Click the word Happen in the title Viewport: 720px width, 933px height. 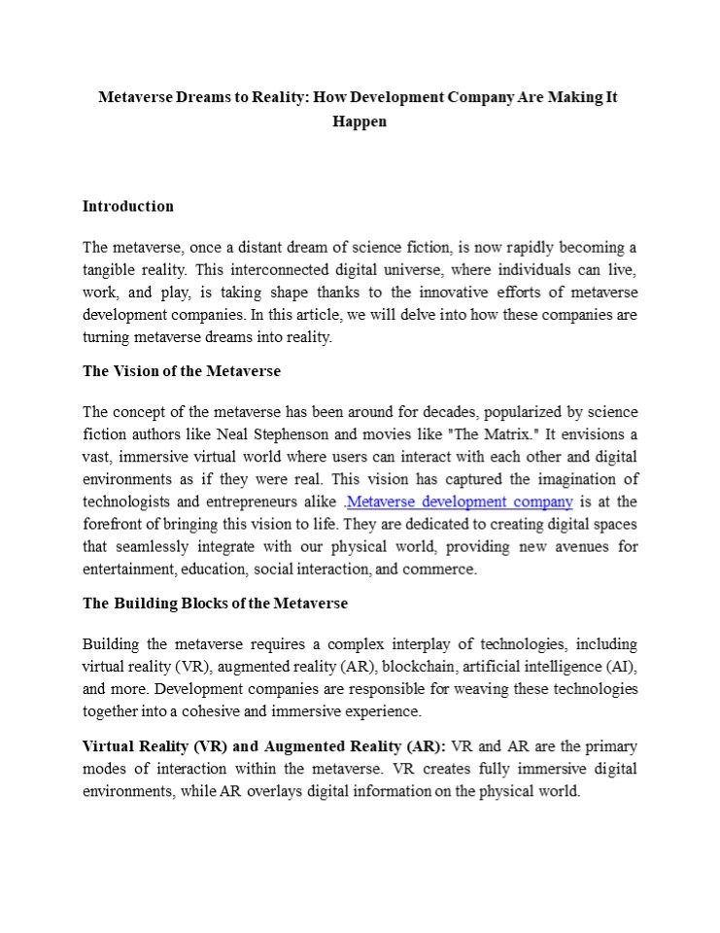[360, 121]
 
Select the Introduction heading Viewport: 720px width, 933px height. [128, 206]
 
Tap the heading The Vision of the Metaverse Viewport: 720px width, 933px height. [181, 371]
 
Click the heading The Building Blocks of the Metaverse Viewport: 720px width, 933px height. [215, 603]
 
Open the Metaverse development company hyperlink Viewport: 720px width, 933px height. [460, 501]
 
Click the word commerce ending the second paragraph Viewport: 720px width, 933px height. [438, 570]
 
